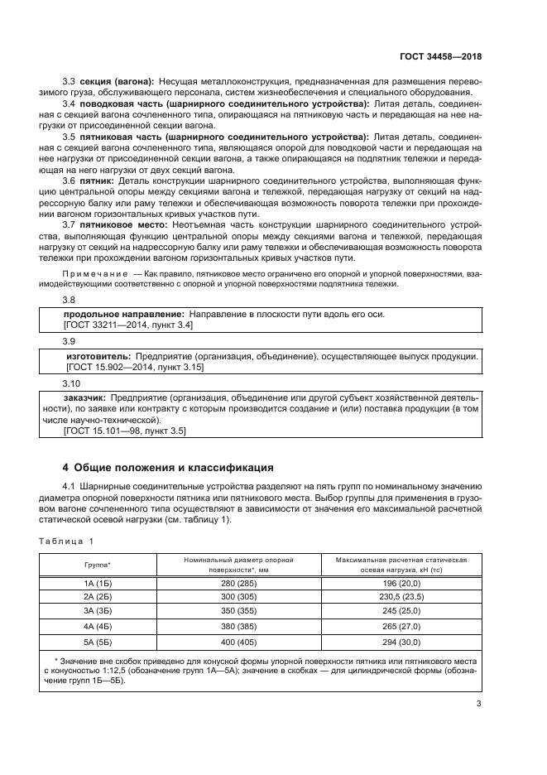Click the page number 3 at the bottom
[x=479, y=704]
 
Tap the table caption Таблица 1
[x=69, y=541]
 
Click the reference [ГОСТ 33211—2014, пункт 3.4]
[x=128, y=326]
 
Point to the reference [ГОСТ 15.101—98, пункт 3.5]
[x=125, y=431]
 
